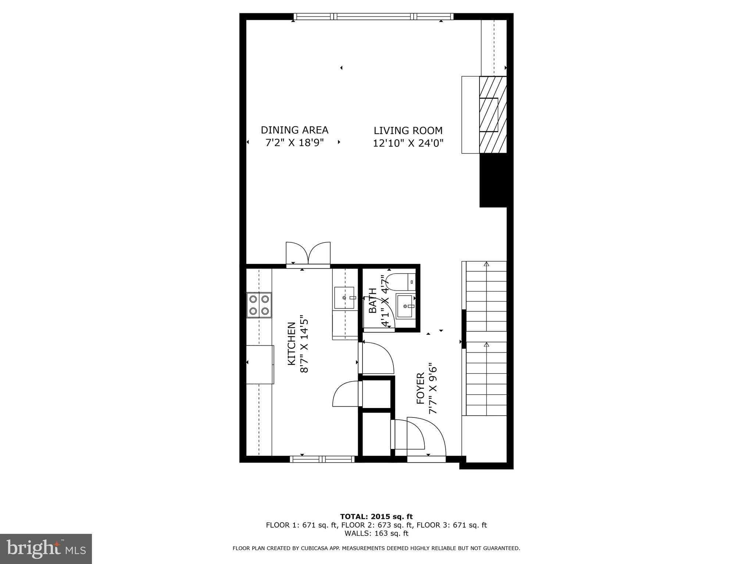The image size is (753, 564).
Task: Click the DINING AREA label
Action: click(294, 130)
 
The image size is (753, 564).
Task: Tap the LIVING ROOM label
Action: click(408, 130)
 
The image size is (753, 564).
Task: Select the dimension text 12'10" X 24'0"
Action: click(408, 143)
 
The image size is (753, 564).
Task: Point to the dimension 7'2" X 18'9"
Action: click(294, 142)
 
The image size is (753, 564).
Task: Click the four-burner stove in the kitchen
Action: click(259, 305)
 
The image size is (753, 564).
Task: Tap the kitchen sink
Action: click(344, 298)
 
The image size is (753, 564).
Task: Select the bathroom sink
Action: click(404, 305)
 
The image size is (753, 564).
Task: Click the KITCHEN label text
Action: click(291, 344)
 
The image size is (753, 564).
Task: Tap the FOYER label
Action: click(421, 389)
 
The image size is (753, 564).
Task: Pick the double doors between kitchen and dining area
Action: click(308, 253)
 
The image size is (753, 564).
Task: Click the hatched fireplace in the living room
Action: click(493, 115)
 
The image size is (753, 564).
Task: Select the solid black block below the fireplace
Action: click(493, 180)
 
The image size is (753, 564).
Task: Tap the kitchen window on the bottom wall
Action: click(322, 459)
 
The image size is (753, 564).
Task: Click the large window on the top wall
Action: click(373, 17)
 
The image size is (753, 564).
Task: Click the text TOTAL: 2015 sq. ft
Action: click(376, 517)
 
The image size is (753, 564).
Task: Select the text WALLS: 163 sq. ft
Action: click(376, 534)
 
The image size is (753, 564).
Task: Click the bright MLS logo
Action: click(46, 549)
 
